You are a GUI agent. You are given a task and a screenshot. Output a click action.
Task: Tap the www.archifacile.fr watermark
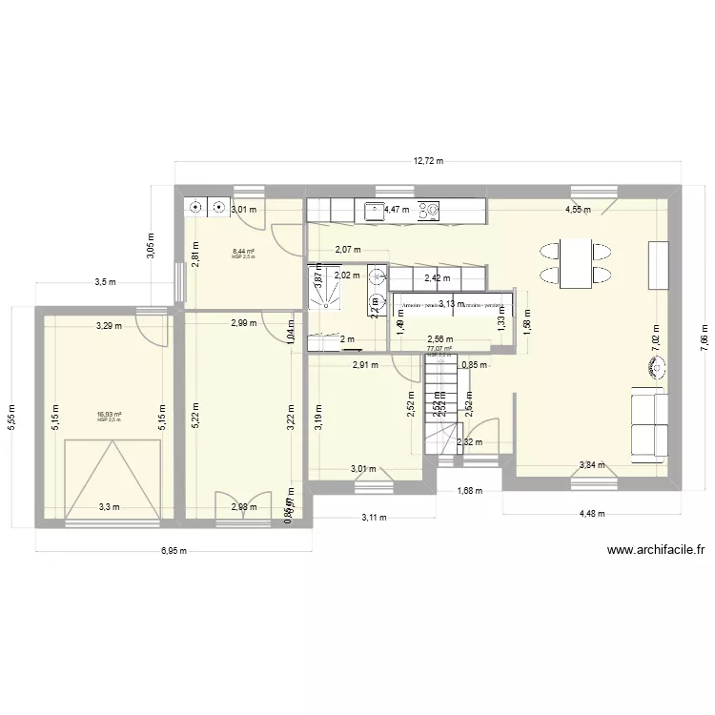point(655,550)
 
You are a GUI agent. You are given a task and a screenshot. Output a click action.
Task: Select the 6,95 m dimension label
point(173,551)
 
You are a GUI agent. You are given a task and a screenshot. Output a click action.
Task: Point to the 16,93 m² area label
point(109,415)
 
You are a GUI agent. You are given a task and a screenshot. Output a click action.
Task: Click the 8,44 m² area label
point(243,252)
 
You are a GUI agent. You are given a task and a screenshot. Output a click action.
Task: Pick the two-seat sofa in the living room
point(648,422)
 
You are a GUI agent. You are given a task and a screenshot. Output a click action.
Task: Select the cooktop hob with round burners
point(429,209)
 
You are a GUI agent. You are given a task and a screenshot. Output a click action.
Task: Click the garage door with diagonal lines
point(111,477)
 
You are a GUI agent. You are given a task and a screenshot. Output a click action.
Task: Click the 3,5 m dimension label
point(105,282)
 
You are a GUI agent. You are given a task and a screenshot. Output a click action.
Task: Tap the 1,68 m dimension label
point(469,492)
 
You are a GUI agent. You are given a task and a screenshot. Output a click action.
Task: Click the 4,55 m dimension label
point(578,210)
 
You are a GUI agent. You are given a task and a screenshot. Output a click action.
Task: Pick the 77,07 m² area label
point(439,349)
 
